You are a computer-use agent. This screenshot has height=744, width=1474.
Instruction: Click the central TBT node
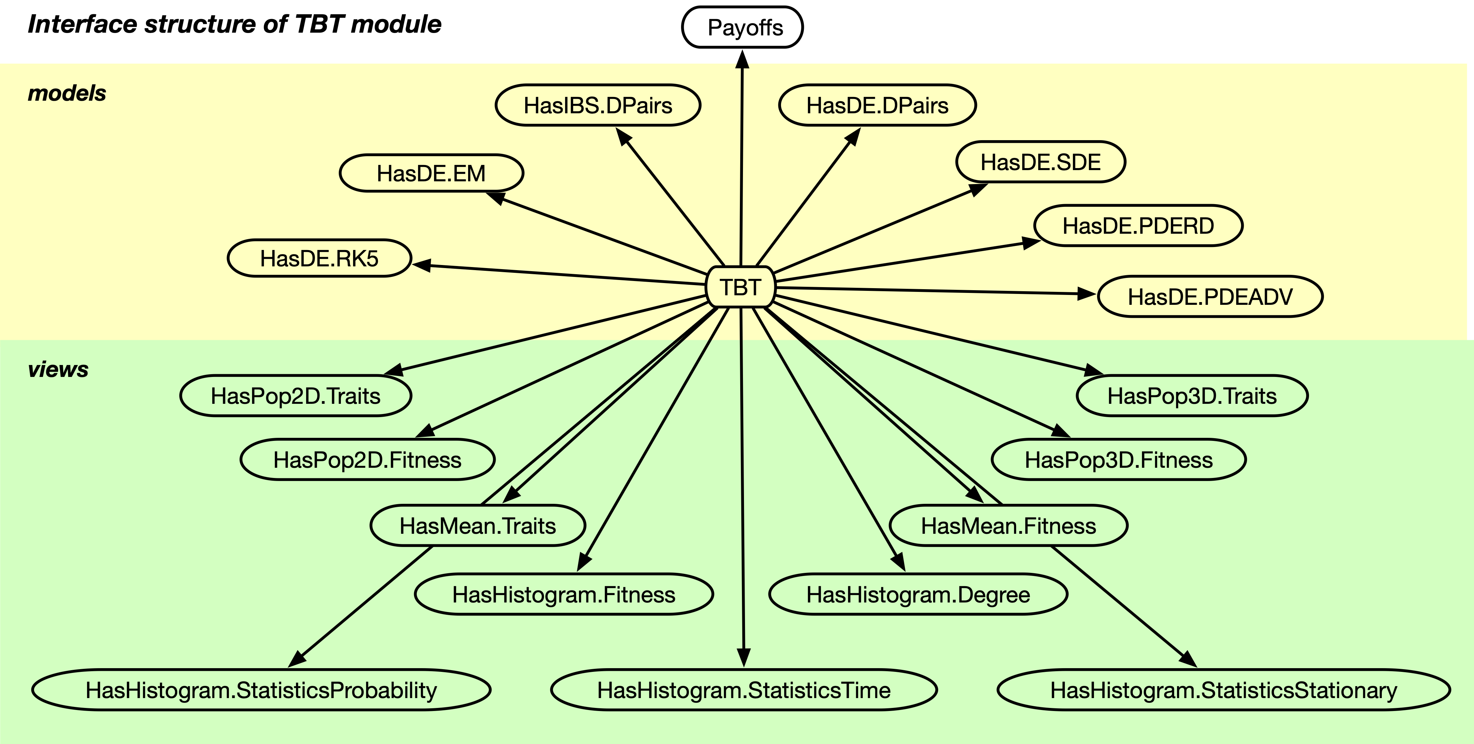click(741, 287)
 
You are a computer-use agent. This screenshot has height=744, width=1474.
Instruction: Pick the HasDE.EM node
click(431, 173)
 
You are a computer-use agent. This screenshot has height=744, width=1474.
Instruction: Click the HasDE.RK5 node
click(319, 258)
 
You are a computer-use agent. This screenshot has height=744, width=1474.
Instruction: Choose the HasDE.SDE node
click(1040, 162)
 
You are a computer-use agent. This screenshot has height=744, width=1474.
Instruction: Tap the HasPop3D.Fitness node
click(1118, 460)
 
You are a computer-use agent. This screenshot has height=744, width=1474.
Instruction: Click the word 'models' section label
click(67, 93)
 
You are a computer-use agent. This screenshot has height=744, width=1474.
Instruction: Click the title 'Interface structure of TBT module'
click(235, 24)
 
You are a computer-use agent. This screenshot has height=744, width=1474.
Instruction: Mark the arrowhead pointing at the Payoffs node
click(742, 59)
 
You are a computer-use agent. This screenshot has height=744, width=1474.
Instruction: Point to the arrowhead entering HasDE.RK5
click(422, 265)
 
